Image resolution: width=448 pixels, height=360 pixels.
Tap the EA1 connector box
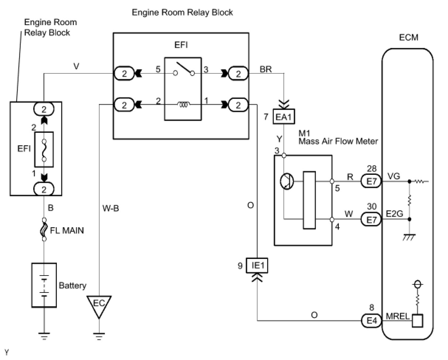point(284,117)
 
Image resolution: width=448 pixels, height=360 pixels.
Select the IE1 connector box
point(257,266)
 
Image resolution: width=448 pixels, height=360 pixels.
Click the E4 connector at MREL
point(371,321)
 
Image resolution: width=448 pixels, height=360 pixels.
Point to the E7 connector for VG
point(371,181)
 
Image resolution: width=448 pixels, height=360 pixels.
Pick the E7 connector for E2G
point(371,219)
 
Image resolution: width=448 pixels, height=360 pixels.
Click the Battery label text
point(72,285)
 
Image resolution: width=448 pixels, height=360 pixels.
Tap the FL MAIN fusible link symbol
point(44,229)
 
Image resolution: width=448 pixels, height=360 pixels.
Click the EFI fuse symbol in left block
point(44,149)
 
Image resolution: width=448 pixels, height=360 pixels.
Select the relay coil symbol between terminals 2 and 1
point(183,104)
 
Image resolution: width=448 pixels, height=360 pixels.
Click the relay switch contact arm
point(185,68)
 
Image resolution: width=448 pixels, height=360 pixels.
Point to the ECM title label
point(409,38)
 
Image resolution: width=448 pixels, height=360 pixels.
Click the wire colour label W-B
point(111,208)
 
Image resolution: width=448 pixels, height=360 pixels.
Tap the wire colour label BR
point(266,69)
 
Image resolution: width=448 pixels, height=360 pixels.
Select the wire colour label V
point(76,66)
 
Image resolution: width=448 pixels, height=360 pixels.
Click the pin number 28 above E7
point(372,168)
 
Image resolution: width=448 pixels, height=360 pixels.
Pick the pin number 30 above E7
point(372,207)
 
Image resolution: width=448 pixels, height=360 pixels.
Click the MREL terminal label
point(397,316)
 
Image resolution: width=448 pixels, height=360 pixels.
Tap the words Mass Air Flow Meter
point(338,142)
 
